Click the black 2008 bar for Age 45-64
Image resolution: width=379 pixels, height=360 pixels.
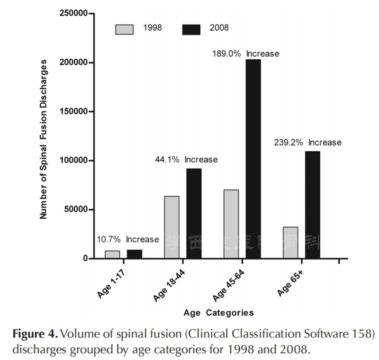(x=253, y=159)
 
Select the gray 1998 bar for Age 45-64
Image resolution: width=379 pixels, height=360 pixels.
(x=231, y=224)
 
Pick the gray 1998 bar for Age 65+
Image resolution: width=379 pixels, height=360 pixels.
(x=290, y=243)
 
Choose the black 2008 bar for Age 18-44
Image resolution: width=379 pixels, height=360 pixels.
(x=194, y=213)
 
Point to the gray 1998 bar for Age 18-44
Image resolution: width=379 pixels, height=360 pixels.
(x=172, y=227)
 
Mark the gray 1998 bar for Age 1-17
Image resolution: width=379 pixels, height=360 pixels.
(x=112, y=254)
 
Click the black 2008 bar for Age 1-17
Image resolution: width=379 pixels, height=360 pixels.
(x=135, y=254)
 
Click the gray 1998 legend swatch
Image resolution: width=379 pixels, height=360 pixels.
(x=125, y=29)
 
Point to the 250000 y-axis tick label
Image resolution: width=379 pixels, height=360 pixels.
(x=77, y=13)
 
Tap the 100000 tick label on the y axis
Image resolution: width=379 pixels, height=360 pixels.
(x=77, y=161)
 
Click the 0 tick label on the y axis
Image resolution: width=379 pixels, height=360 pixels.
(x=86, y=259)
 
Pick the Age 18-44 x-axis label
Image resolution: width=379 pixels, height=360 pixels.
(x=169, y=284)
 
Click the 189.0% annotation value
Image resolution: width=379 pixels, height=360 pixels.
(x=226, y=54)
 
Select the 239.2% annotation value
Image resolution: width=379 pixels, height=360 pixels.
(x=289, y=142)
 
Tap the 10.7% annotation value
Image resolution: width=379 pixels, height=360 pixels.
(x=109, y=239)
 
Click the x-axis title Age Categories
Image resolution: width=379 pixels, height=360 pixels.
(x=218, y=313)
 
